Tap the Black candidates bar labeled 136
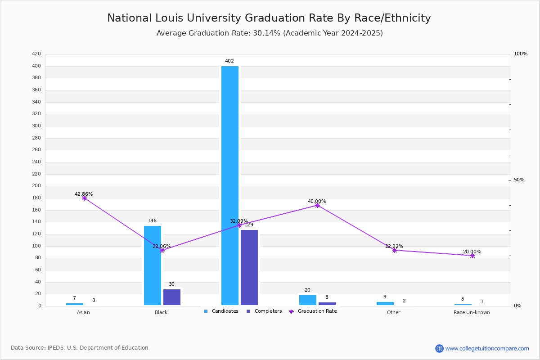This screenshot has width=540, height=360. (153, 265)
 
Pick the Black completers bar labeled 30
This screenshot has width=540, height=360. (172, 297)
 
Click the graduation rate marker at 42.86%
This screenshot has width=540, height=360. (84, 198)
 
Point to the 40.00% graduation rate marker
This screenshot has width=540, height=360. (317, 205)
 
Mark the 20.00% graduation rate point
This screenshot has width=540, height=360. (472, 256)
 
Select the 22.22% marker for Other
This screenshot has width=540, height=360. (395, 250)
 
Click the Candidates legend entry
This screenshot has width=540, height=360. (221, 311)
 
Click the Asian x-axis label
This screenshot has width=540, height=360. (83, 312)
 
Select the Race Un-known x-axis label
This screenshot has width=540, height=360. (472, 312)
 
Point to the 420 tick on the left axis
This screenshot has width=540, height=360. (36, 54)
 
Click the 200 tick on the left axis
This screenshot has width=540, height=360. (36, 186)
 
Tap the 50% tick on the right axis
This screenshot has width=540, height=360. (519, 180)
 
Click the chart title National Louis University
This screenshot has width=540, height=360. (269, 18)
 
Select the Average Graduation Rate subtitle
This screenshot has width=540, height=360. (270, 33)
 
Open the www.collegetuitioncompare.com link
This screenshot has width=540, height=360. (487, 348)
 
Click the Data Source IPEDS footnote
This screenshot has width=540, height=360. (80, 348)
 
